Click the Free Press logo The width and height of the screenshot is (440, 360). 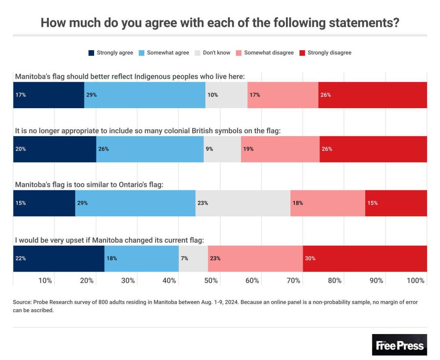[x=400, y=345]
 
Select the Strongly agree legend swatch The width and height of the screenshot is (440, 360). [x=92, y=53]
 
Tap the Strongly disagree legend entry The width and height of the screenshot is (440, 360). [x=329, y=53]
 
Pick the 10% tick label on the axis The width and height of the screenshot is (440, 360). [x=46, y=280]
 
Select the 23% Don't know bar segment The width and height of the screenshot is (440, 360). [x=243, y=203]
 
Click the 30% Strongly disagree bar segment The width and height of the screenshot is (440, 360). [x=365, y=258]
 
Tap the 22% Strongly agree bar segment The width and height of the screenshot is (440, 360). [x=59, y=258]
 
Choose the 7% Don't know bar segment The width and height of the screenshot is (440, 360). [x=193, y=258]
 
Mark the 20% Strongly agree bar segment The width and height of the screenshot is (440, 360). [x=55, y=149]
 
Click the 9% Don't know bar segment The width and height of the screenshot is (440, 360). [x=222, y=149]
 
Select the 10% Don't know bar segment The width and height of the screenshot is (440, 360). [x=226, y=95]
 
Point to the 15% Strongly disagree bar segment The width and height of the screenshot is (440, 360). [x=396, y=203]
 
